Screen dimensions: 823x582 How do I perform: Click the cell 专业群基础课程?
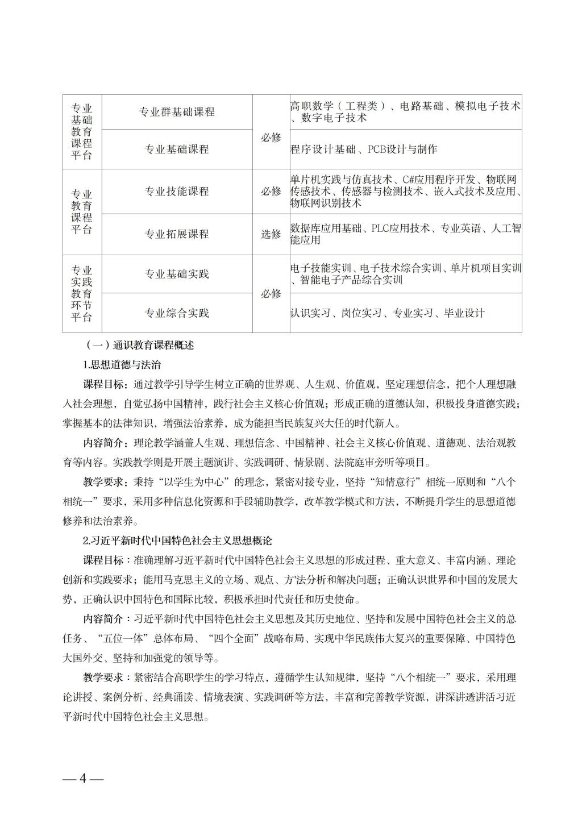[x=177, y=112]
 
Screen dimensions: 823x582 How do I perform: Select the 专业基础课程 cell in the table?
[x=177, y=149]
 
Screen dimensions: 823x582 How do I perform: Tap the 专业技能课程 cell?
[x=177, y=191]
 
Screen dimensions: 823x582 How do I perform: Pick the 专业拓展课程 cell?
[x=177, y=234]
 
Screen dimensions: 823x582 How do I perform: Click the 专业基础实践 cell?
[x=177, y=274]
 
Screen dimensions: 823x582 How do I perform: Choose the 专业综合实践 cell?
[x=177, y=313]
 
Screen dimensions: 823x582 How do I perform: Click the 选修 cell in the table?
[x=271, y=234]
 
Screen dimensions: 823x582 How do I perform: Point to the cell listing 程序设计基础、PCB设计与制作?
[x=364, y=149]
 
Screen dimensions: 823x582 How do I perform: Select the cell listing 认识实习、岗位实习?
[x=387, y=313]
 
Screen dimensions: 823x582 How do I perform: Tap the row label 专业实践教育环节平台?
[x=82, y=293]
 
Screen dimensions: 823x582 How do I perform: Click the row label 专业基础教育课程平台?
[x=82, y=132]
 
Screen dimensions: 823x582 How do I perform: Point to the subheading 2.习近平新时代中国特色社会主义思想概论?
[x=178, y=541]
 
